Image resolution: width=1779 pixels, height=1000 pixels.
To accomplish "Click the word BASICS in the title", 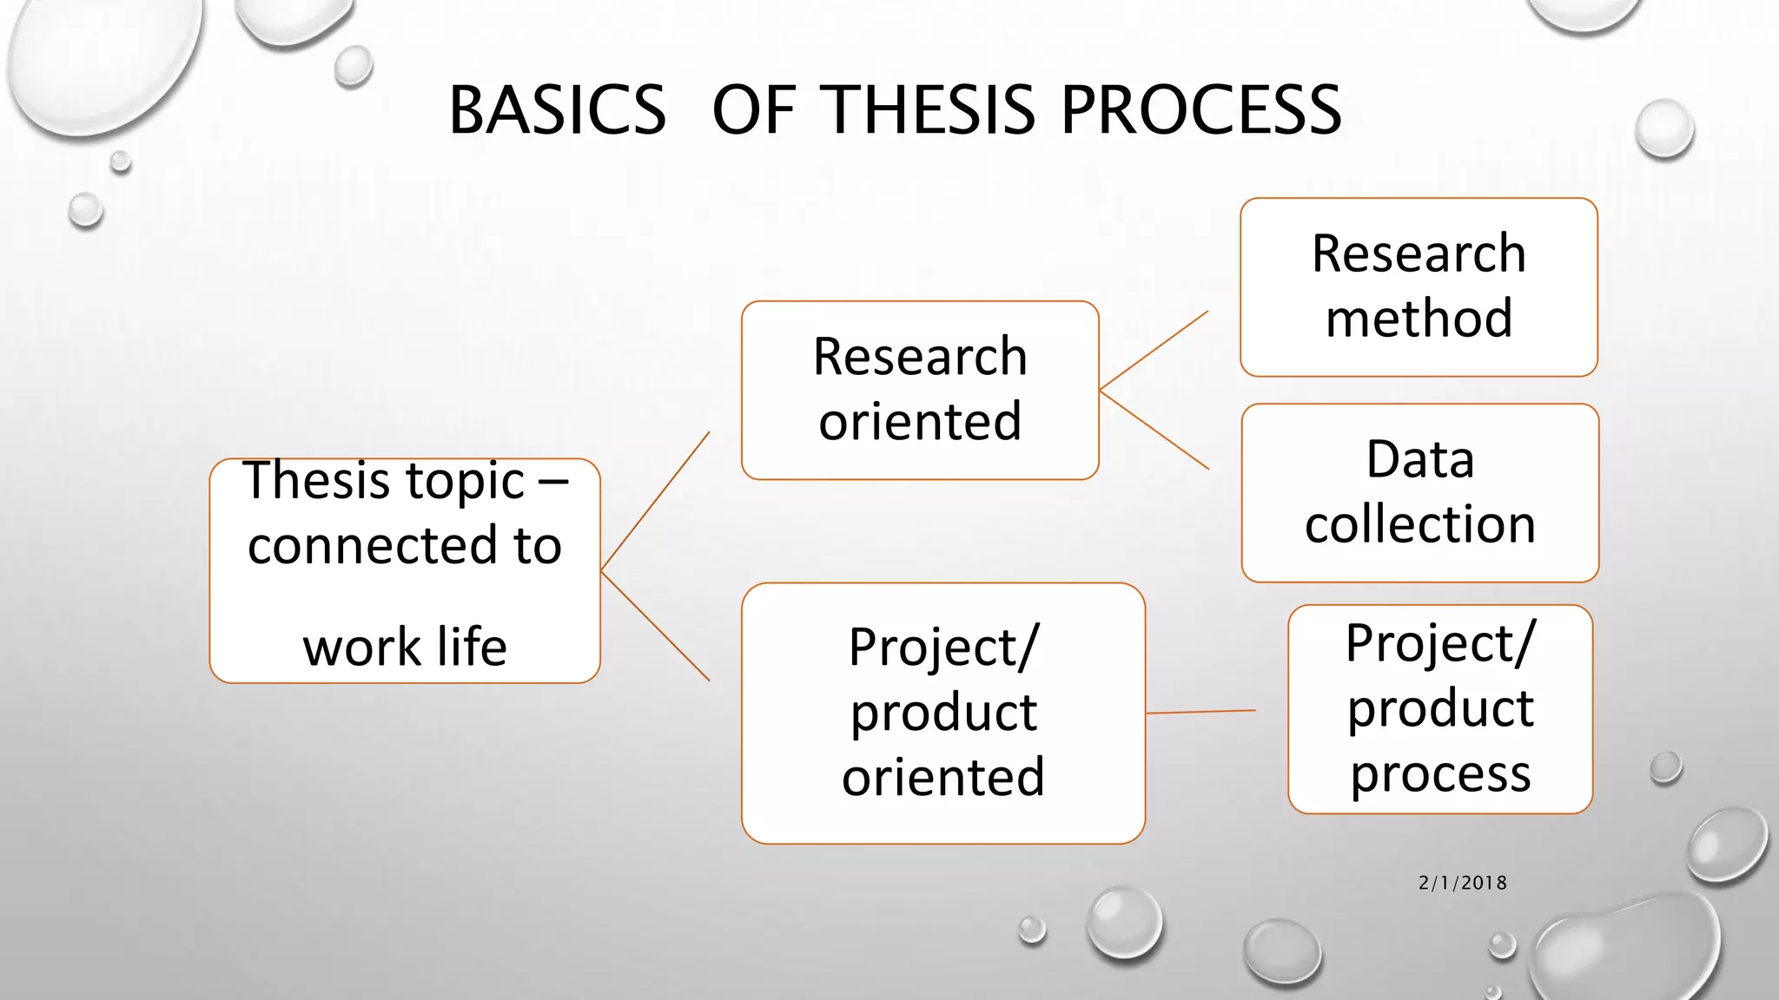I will (557, 110).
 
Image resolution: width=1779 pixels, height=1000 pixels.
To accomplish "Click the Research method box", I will (1419, 287).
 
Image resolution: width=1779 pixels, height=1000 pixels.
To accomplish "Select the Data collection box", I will (1420, 492).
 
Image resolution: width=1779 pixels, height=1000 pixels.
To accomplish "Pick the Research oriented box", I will (920, 390).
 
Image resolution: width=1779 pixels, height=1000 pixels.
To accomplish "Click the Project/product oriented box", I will (942, 713).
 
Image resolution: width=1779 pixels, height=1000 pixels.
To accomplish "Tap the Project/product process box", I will (1440, 709).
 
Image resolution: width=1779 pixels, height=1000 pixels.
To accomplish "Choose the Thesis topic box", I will (405, 570).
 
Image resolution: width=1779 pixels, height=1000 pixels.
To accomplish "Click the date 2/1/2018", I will (1463, 883).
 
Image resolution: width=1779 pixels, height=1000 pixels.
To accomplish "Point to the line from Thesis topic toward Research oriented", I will (655, 502).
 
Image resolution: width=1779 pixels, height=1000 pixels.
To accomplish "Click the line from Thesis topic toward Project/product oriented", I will (655, 626).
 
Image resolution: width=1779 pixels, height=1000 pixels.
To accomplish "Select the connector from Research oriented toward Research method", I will (1154, 351).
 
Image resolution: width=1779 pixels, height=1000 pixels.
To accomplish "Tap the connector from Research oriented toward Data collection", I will (1154, 430).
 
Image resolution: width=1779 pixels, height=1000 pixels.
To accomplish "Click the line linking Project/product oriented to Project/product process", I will (1200, 712).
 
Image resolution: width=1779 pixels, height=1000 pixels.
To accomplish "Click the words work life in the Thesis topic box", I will (405, 648).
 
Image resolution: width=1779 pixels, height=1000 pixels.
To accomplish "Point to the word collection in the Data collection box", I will (1420, 524).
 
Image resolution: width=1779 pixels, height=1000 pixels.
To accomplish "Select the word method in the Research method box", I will (1419, 319).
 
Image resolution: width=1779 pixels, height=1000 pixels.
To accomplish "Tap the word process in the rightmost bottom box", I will (1440, 773).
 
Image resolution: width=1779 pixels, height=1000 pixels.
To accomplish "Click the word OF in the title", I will (753, 110).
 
